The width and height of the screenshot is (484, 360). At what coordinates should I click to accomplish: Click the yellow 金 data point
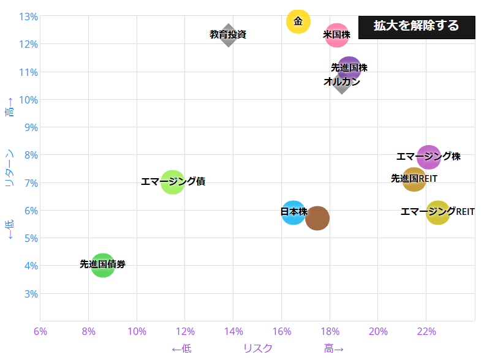298,21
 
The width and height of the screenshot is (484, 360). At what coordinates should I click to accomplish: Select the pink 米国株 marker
336,35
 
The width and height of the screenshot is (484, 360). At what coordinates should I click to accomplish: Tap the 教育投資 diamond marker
229,35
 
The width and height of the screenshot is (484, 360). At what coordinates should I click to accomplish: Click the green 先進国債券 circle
103,265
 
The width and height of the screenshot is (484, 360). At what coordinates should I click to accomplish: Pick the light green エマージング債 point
173,182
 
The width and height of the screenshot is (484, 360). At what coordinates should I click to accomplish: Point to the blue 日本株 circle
293,212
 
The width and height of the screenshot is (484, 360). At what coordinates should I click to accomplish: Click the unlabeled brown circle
317,218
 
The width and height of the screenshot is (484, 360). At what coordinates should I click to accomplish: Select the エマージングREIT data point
438,212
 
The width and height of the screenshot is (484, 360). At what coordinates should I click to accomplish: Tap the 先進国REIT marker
414,179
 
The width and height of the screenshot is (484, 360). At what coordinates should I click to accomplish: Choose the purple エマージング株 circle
429,157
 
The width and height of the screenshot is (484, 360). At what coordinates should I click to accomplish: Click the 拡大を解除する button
416,26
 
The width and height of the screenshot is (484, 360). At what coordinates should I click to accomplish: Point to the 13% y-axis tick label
29,17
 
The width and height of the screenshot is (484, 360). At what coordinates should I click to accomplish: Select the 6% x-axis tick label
40,332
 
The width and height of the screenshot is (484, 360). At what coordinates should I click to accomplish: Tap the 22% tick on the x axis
426,332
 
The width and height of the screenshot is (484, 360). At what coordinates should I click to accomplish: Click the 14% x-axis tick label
233,332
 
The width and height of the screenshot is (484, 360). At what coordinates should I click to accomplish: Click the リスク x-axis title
258,348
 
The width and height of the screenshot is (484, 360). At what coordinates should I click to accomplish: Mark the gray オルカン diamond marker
342,83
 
